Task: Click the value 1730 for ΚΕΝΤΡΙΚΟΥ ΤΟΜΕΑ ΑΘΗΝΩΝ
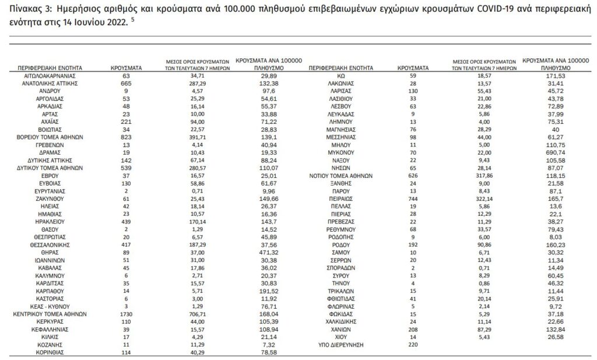pyautogui.click(x=124, y=313)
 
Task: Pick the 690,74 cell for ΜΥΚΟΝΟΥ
pyautogui.click(x=554, y=150)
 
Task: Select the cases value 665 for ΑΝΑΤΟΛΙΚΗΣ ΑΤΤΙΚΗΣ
pyautogui.click(x=124, y=83)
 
